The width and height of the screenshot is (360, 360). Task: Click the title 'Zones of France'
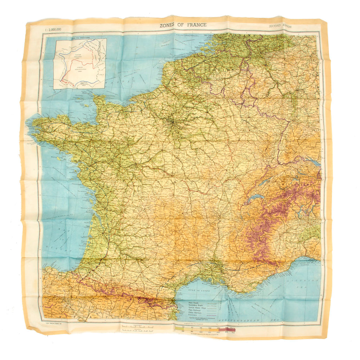183,25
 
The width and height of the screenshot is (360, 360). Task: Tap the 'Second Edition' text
280,26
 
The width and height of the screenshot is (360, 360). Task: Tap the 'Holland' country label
243,36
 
